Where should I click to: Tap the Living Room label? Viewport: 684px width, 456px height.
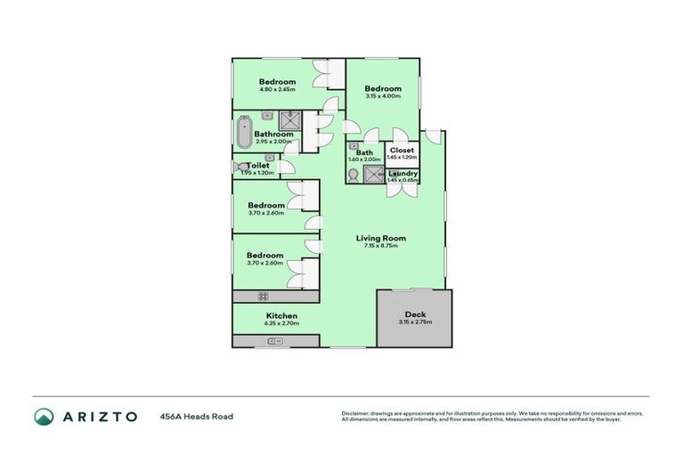click(381, 238)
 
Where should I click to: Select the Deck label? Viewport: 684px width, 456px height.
click(414, 313)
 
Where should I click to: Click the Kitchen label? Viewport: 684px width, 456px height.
click(281, 316)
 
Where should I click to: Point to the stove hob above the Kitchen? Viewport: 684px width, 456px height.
click(264, 297)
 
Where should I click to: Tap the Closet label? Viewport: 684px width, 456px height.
click(403, 151)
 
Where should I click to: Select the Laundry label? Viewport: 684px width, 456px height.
click(403, 173)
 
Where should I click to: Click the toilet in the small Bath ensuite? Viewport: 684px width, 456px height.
click(354, 175)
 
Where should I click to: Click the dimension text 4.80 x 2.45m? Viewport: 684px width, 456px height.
click(277, 90)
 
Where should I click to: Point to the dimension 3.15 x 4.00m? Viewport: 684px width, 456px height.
click(382, 97)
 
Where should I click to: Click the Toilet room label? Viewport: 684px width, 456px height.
click(258, 165)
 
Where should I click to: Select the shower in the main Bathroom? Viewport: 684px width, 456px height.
click(290, 121)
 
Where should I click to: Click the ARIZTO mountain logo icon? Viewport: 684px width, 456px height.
click(44, 416)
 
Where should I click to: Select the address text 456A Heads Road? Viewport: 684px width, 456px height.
click(197, 416)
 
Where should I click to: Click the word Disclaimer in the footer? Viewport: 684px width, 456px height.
click(358, 413)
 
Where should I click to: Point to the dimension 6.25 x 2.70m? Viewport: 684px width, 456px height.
click(281, 324)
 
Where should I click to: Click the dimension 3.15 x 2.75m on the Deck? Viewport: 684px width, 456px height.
click(414, 322)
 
